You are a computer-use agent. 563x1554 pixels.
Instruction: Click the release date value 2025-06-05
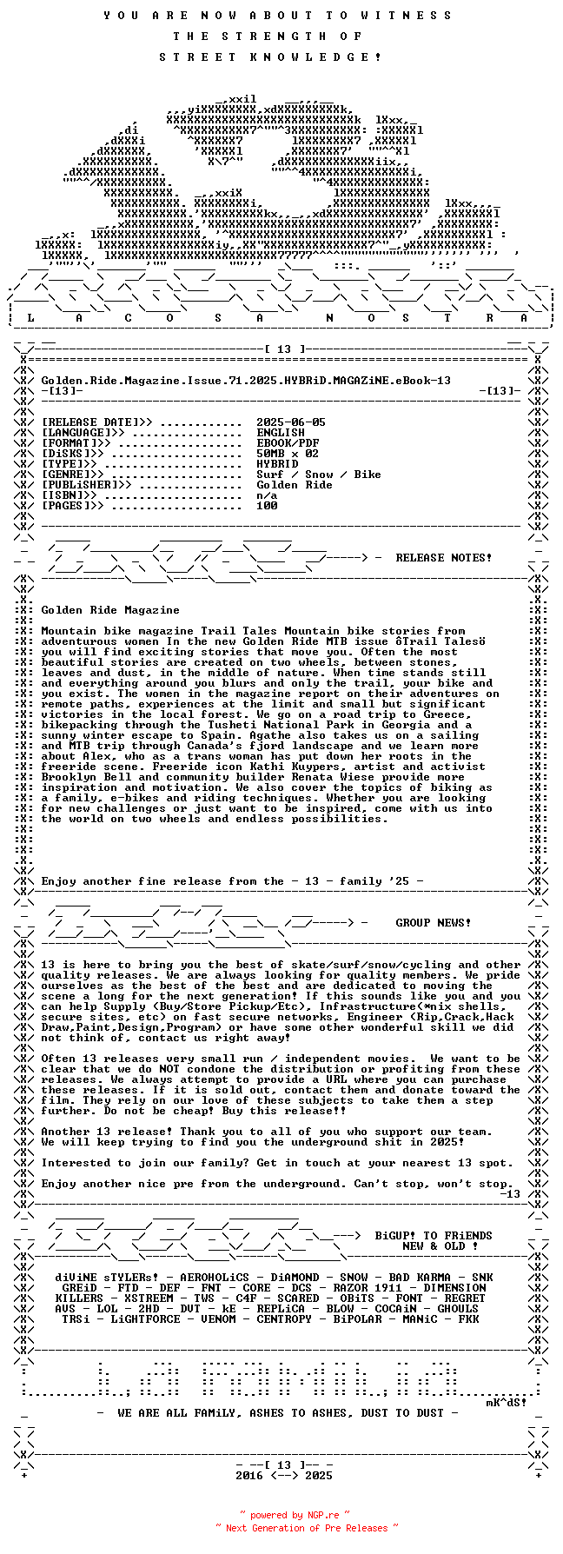tap(291, 422)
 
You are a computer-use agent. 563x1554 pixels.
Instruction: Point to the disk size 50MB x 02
tap(288, 454)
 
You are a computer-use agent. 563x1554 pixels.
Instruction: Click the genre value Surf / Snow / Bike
tap(319, 475)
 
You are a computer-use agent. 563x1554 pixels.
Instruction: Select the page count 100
tap(267, 506)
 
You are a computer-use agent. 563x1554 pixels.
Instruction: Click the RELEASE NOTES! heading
tap(443, 558)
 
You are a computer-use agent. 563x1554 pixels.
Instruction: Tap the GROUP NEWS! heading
tap(434, 923)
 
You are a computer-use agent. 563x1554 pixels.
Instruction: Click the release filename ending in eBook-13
tap(246, 381)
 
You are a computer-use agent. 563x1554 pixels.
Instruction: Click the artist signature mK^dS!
tap(506, 1403)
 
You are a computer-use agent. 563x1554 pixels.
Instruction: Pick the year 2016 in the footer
tap(249, 1476)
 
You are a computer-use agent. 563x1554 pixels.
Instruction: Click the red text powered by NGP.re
tap(295, 1516)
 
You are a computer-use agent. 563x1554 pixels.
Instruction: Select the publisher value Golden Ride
tap(295, 485)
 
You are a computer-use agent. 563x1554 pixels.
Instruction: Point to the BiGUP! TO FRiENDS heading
tap(434, 1236)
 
